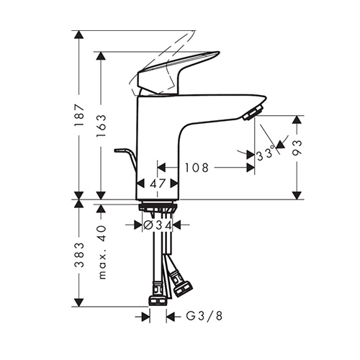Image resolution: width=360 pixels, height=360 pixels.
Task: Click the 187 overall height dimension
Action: [x=79, y=115]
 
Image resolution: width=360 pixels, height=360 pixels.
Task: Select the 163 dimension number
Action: [x=101, y=126]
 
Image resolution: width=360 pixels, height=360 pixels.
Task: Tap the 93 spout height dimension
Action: [x=297, y=148]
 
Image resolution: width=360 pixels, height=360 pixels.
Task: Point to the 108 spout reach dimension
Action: [x=197, y=168]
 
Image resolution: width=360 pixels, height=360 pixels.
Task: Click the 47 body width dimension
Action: [x=158, y=184]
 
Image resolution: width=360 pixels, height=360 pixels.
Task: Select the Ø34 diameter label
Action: [x=158, y=225]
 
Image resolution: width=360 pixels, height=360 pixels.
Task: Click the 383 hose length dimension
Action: [x=79, y=255]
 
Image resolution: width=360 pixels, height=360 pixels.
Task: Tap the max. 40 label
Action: [x=102, y=252]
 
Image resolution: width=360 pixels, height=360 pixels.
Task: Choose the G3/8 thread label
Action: [x=204, y=316]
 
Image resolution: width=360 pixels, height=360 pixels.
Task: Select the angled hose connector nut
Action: [x=181, y=283]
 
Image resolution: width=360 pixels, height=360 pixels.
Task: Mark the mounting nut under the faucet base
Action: [x=158, y=207]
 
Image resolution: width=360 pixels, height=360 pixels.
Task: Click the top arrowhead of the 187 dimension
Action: [x=79, y=35]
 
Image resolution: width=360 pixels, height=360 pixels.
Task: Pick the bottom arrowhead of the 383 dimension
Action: [x=79, y=302]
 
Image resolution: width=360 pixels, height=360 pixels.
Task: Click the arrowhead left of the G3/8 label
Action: [x=146, y=317]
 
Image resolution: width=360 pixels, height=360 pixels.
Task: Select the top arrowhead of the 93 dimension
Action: [x=297, y=120]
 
